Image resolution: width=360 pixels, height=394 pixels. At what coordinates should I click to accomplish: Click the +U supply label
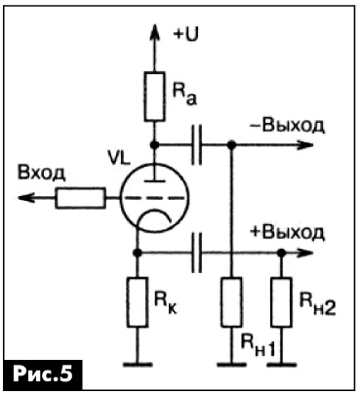click(x=186, y=35)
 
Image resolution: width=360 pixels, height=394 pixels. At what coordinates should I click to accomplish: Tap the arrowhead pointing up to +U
click(x=154, y=31)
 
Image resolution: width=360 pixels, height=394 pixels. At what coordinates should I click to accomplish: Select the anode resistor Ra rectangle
click(x=154, y=97)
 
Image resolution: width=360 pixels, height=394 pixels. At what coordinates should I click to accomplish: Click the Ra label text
click(x=184, y=96)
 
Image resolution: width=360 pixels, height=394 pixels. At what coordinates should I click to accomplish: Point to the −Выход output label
click(x=287, y=126)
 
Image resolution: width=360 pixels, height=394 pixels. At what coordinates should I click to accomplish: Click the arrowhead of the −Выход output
click(x=304, y=144)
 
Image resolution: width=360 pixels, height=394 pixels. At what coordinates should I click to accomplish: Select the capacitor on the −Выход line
click(x=196, y=144)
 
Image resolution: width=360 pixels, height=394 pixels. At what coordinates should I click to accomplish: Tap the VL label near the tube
click(x=119, y=159)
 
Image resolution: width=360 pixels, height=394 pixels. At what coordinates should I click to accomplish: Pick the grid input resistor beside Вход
click(x=81, y=198)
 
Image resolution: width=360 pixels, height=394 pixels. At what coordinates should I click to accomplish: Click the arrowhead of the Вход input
click(x=26, y=198)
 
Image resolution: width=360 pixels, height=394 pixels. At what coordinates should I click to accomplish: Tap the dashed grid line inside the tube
click(x=154, y=198)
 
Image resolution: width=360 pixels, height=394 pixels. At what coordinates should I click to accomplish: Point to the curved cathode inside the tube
click(x=154, y=212)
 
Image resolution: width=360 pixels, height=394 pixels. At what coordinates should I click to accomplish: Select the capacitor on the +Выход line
click(x=196, y=253)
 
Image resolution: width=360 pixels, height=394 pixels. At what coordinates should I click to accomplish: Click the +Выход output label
click(x=287, y=233)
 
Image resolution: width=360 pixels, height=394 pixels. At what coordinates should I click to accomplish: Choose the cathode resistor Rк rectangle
click(x=138, y=302)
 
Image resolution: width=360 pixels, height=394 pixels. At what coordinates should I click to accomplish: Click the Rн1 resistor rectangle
click(x=231, y=302)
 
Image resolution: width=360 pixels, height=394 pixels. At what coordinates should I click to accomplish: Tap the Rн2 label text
click(x=317, y=306)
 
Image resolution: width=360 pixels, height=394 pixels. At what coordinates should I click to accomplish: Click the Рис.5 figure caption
click(x=42, y=374)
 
